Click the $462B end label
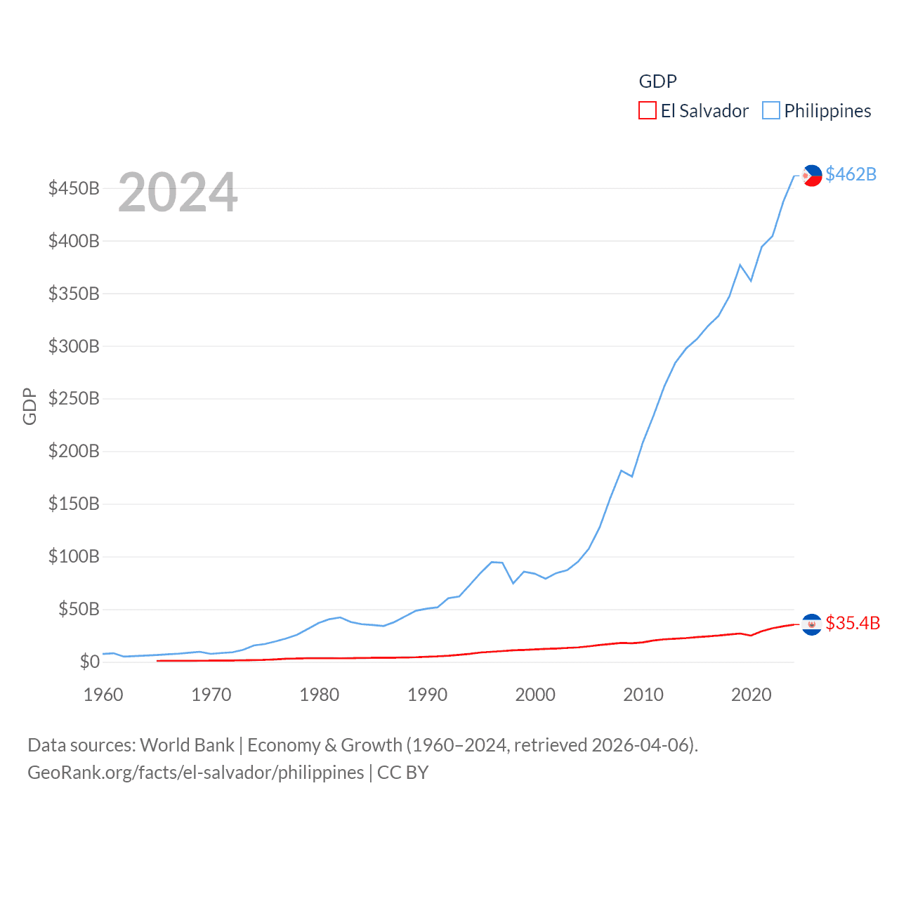click(851, 174)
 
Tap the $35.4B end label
click(853, 623)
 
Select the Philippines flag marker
click(812, 176)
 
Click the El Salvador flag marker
click(811, 624)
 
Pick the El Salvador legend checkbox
click(647, 111)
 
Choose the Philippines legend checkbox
click(770, 111)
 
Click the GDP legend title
click(657, 81)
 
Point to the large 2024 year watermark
click(178, 192)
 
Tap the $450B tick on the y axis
click(74, 188)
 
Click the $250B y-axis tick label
click(74, 399)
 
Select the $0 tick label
click(89, 662)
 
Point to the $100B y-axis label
click(74, 557)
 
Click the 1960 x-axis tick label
click(103, 695)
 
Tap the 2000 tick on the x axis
click(535, 695)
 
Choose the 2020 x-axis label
click(752, 695)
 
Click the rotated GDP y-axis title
click(29, 406)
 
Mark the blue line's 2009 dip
click(632, 476)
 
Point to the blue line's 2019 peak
click(740, 265)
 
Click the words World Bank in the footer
click(187, 744)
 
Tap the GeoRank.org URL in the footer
click(195, 773)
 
